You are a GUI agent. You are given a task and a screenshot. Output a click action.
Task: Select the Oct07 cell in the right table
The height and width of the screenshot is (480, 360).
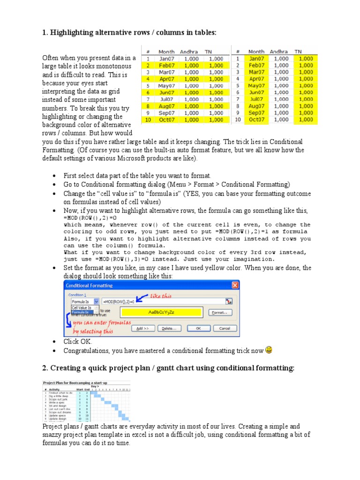pyautogui.click(x=256, y=120)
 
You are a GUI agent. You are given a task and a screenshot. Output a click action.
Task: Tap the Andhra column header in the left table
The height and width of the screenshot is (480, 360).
pyautogui.click(x=190, y=52)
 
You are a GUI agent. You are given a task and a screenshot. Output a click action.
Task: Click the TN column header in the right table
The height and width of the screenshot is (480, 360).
pyautogui.click(x=299, y=52)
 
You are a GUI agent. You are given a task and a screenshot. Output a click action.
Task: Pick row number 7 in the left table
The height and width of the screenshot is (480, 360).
pyautogui.click(x=148, y=99)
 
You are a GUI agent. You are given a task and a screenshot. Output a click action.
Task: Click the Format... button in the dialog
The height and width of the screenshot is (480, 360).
pyautogui.click(x=219, y=313)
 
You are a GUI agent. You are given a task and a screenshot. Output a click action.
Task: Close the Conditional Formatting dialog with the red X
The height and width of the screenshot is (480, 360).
pyautogui.click(x=235, y=285)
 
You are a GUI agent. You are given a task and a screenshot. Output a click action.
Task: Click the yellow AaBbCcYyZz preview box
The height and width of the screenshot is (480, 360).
pyautogui.click(x=161, y=313)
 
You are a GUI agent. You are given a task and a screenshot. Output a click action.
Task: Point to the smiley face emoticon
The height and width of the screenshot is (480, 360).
pyautogui.click(x=269, y=350)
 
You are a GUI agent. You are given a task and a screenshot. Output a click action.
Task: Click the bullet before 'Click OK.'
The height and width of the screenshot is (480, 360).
pyautogui.click(x=55, y=342)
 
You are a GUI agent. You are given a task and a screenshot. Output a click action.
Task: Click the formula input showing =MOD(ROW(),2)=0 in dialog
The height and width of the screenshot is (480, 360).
pyautogui.click(x=162, y=301)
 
